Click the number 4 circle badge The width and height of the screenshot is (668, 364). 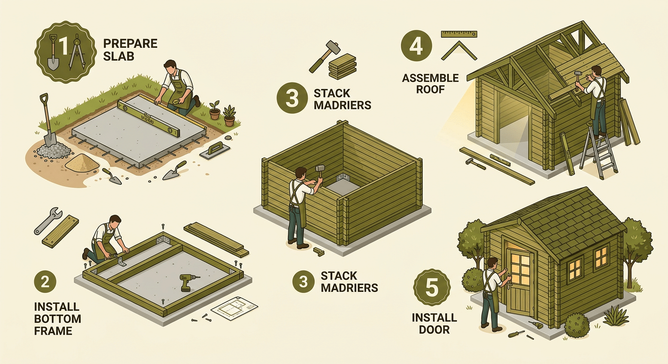(416, 45)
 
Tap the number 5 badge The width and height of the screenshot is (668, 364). (432, 287)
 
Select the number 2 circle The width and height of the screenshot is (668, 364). (45, 282)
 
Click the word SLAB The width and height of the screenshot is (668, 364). (119, 56)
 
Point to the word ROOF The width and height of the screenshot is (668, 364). (430, 90)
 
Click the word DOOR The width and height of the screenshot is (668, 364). (434, 330)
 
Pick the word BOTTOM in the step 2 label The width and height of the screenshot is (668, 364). (57, 318)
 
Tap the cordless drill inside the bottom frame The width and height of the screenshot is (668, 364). (187, 282)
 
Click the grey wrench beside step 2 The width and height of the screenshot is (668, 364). (48, 221)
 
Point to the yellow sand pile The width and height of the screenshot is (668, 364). (82, 163)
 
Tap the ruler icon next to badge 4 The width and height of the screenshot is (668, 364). (459, 34)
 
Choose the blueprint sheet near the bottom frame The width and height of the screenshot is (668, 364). (234, 308)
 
